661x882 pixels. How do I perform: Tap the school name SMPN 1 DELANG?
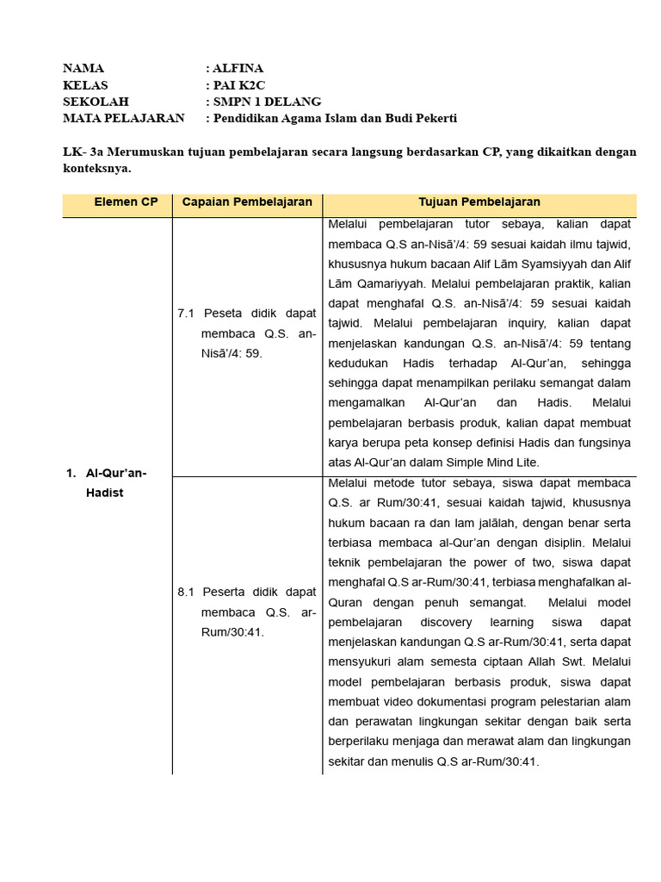pyautogui.click(x=268, y=102)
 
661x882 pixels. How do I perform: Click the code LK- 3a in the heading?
pyautogui.click(x=83, y=152)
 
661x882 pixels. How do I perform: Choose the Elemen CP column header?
pyautogui.click(x=127, y=202)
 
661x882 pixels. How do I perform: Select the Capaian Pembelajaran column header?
pyautogui.click(x=247, y=202)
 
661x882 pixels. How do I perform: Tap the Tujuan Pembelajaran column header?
pyautogui.click(x=479, y=202)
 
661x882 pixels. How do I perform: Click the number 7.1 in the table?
pyautogui.click(x=187, y=314)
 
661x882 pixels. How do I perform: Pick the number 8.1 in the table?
pyautogui.click(x=187, y=593)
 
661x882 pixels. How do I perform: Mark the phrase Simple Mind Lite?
pyautogui.click(x=496, y=463)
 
